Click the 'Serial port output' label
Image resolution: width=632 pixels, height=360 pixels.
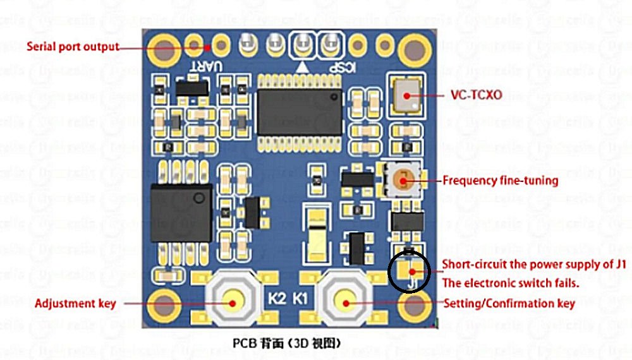(x=73, y=47)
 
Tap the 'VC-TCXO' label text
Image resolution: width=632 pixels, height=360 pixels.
(x=477, y=96)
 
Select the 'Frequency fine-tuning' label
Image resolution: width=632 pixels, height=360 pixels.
(x=500, y=181)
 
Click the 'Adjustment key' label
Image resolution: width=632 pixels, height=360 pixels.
(x=75, y=304)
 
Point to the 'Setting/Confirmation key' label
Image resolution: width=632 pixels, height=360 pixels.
(x=509, y=304)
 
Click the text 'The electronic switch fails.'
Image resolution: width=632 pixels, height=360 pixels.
(x=511, y=284)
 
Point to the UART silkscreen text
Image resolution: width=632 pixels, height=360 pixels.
(x=216, y=66)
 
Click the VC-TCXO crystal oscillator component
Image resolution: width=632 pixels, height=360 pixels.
(x=404, y=95)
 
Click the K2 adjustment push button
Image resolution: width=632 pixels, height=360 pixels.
(x=232, y=302)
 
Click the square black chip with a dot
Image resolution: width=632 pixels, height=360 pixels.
(x=181, y=213)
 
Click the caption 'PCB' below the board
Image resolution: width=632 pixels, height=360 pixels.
(x=245, y=344)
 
